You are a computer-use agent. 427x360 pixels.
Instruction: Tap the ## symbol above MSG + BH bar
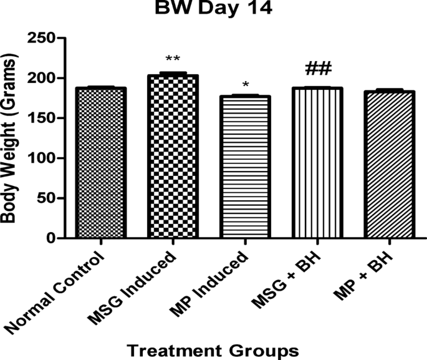click(318, 68)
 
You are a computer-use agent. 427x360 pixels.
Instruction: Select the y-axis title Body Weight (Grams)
click(12, 139)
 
